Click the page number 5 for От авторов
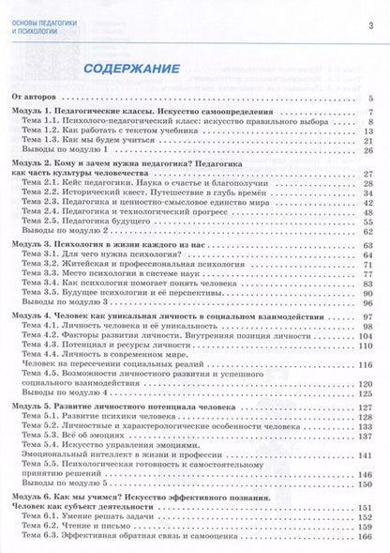click(372, 98)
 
